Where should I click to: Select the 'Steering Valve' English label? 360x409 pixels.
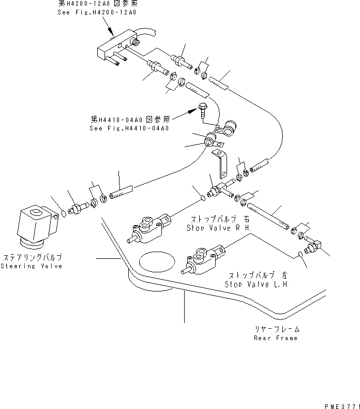coord(31,266)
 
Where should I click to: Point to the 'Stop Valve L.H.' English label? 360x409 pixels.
coord(257,284)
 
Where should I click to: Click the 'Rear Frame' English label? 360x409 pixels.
coord(276,338)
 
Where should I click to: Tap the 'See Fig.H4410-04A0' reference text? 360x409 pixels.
coord(129,128)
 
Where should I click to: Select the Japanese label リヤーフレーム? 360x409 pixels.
coord(276,329)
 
